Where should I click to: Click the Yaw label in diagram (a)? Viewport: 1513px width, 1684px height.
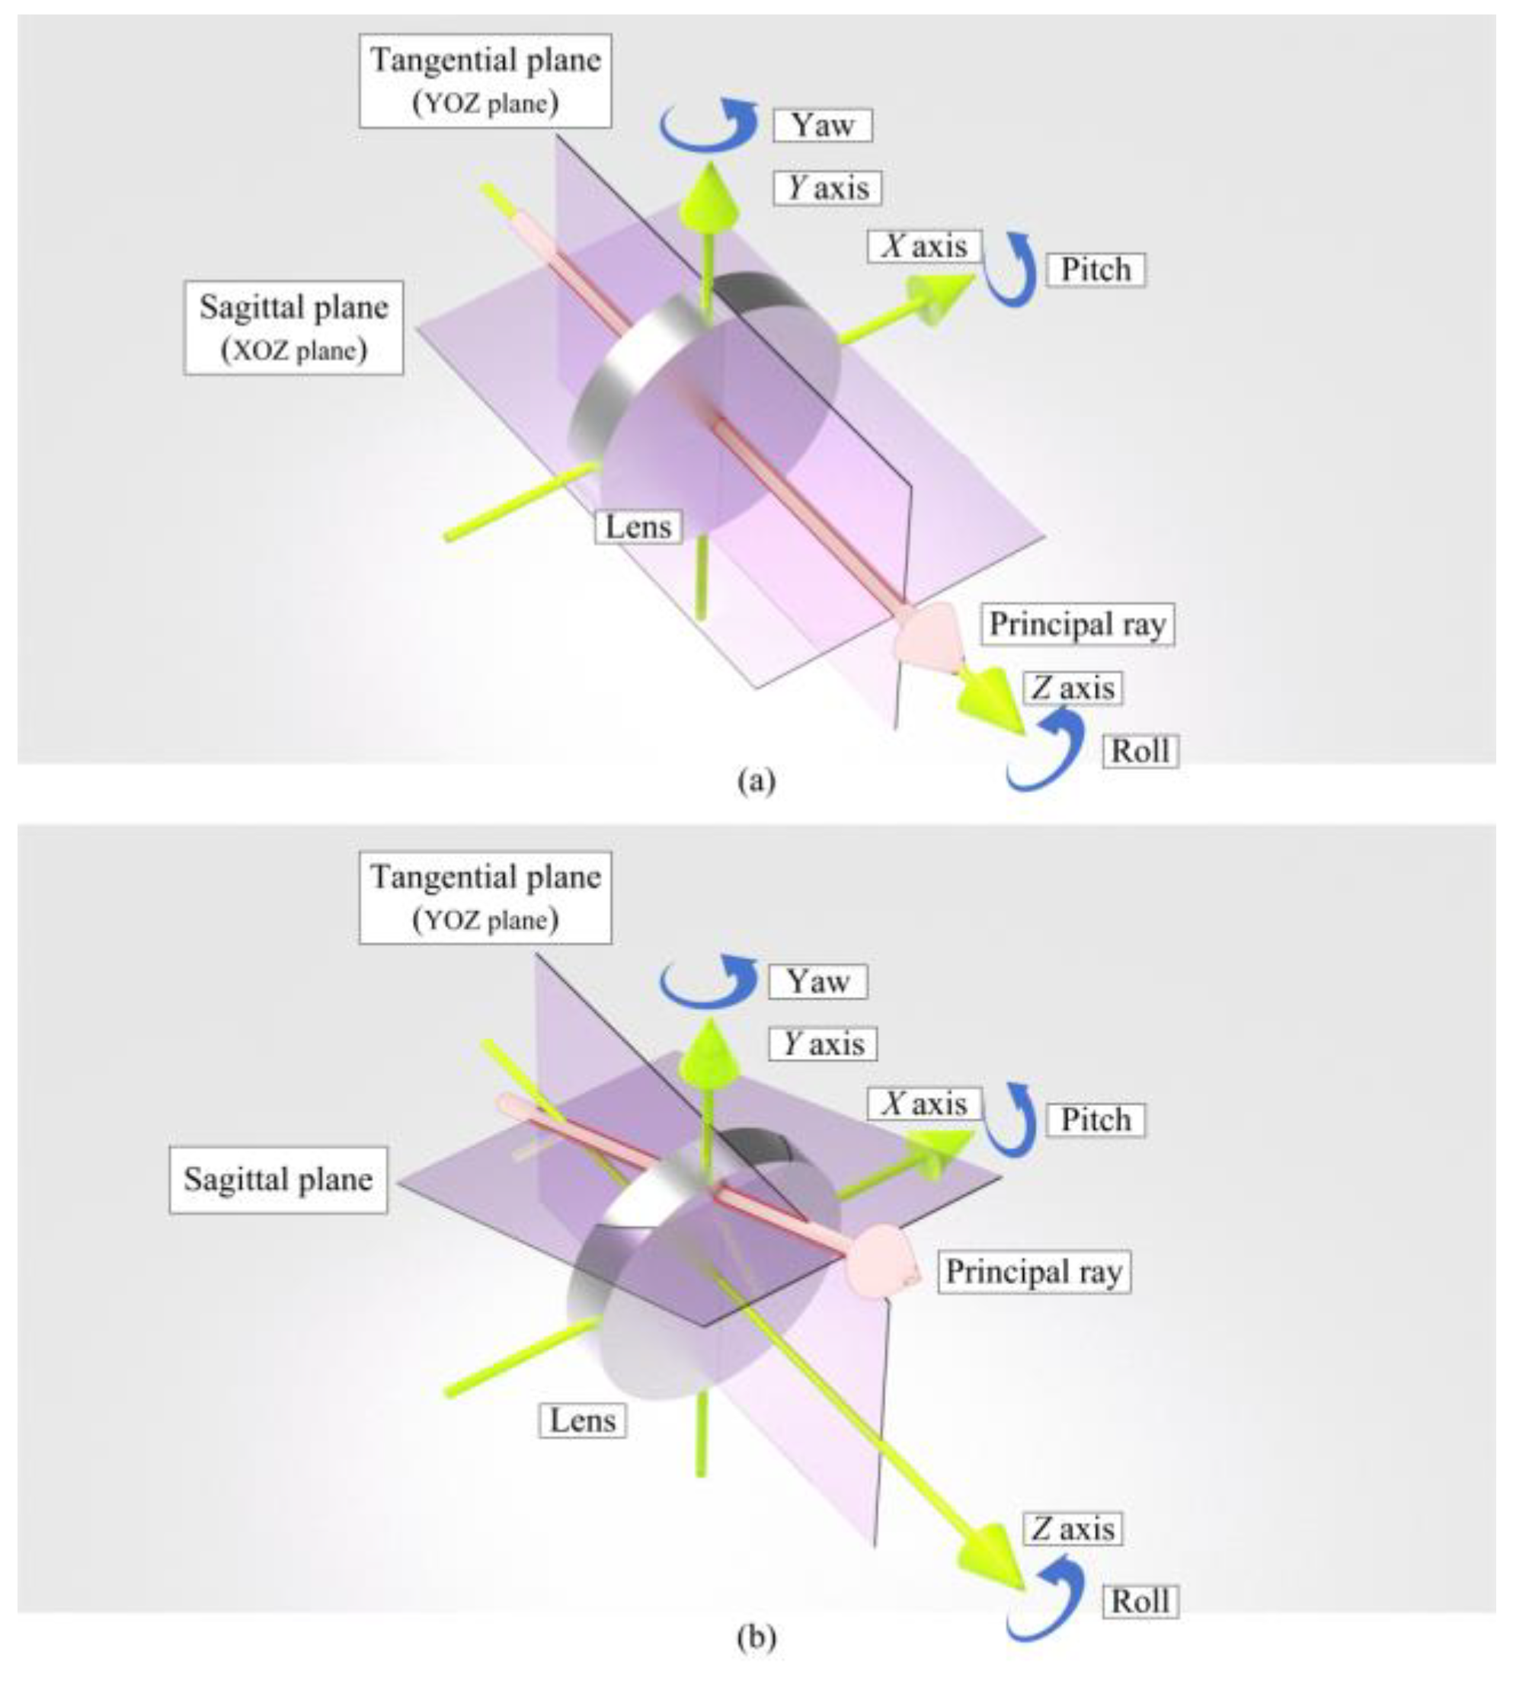click(x=822, y=125)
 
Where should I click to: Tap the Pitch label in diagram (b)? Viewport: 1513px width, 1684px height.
click(x=1095, y=1120)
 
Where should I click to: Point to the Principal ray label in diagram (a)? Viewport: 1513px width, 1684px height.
click(x=1077, y=625)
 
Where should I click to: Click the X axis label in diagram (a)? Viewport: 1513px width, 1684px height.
click(x=923, y=246)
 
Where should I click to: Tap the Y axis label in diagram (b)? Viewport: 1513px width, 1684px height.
click(x=824, y=1043)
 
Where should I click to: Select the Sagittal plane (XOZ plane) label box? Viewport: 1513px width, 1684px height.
click(x=293, y=328)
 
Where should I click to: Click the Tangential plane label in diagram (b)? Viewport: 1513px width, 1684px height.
click(x=485, y=897)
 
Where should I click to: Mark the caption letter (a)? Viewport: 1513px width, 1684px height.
click(x=756, y=781)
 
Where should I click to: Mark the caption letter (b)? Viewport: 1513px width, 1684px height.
click(x=756, y=1638)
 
